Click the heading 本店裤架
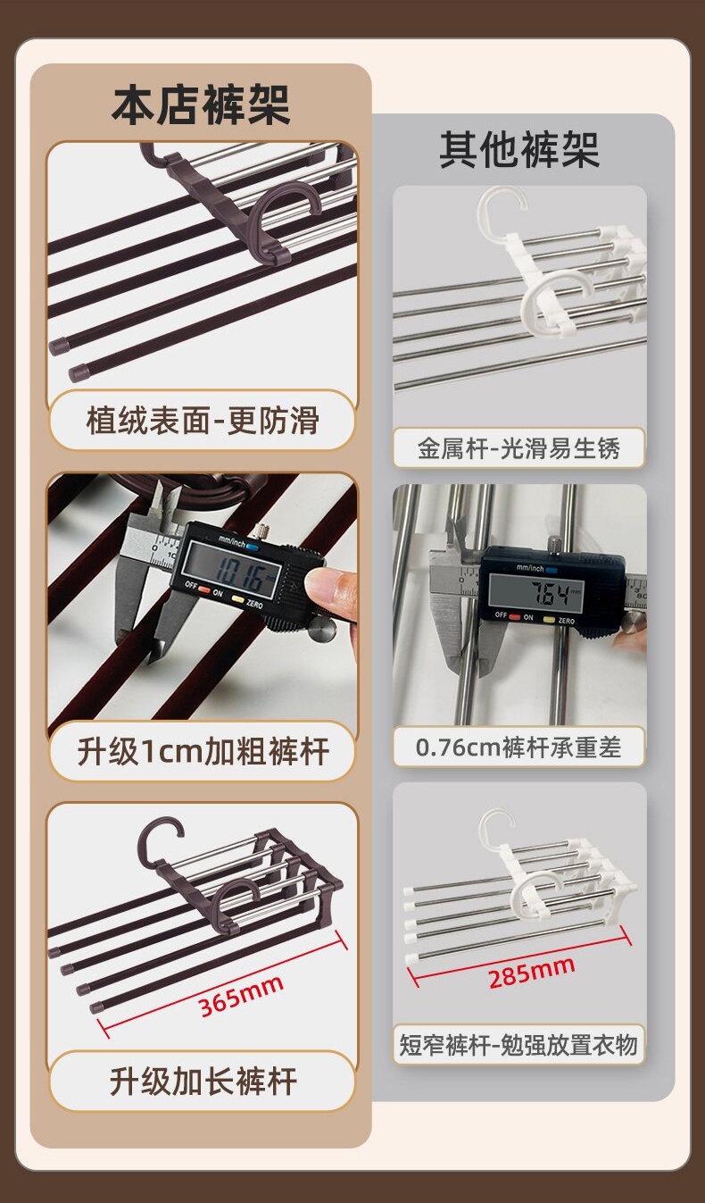(201, 104)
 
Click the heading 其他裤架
(519, 150)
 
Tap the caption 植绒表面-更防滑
(203, 420)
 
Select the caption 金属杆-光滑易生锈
(518, 448)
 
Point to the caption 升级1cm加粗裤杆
(203, 751)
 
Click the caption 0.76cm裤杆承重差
(518, 747)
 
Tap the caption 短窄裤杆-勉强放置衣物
(518, 1045)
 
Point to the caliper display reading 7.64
(536, 594)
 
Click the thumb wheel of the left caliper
(322, 630)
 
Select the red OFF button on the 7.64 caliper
(515, 617)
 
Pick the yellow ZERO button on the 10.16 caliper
(237, 598)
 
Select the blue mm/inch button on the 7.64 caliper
(552, 571)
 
